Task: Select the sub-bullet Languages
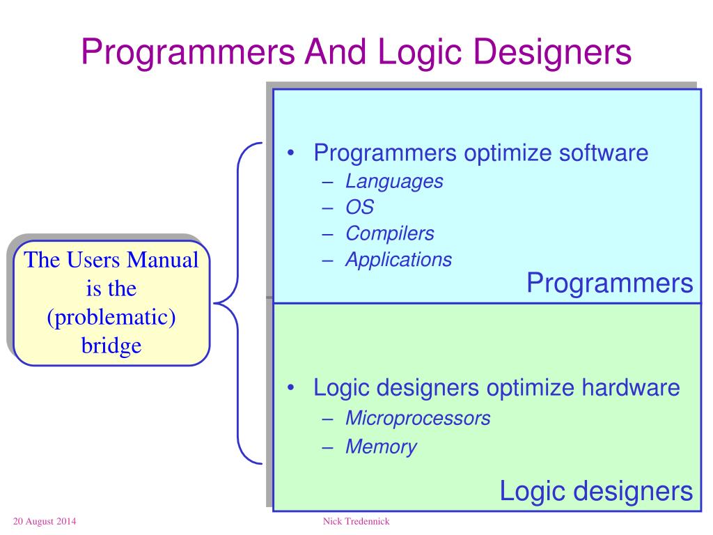tap(394, 182)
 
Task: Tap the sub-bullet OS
tap(360, 208)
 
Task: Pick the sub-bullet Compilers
tap(390, 233)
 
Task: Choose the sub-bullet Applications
tap(399, 260)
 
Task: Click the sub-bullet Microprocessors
tap(418, 418)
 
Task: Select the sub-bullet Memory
tap(381, 447)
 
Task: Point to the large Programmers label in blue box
tap(609, 283)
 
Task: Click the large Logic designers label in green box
tap(596, 492)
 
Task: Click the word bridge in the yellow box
tap(111, 345)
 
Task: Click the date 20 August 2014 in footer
tap(45, 522)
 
